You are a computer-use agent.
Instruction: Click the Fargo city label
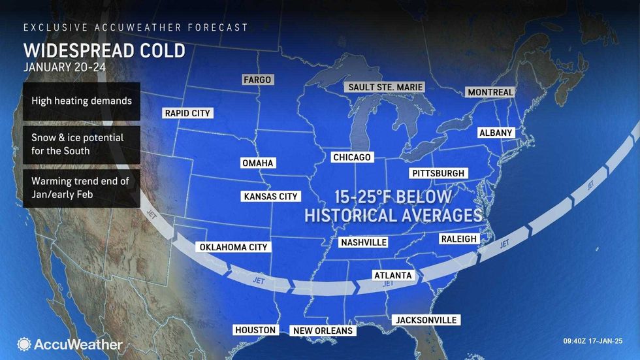click(257, 80)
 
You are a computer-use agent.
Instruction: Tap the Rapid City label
click(187, 113)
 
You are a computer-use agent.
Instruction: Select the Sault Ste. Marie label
click(386, 87)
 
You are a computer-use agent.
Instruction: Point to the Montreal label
click(490, 92)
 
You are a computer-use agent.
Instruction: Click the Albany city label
click(496, 133)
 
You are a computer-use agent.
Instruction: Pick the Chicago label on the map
click(351, 157)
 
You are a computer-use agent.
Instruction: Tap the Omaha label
click(257, 163)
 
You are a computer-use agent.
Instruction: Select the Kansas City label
click(270, 196)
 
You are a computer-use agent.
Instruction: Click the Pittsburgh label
click(438, 173)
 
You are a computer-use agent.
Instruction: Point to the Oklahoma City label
click(233, 247)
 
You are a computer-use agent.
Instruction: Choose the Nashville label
click(364, 242)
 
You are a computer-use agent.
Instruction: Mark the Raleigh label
click(458, 239)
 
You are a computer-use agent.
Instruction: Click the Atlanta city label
click(392, 275)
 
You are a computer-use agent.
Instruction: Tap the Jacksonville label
click(426, 319)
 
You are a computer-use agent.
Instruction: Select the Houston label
click(255, 330)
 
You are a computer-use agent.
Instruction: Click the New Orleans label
click(323, 331)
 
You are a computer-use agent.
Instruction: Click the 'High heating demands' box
click(81, 101)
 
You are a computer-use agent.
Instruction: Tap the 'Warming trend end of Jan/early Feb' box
click(81, 189)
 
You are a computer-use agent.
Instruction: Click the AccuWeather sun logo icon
click(24, 344)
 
